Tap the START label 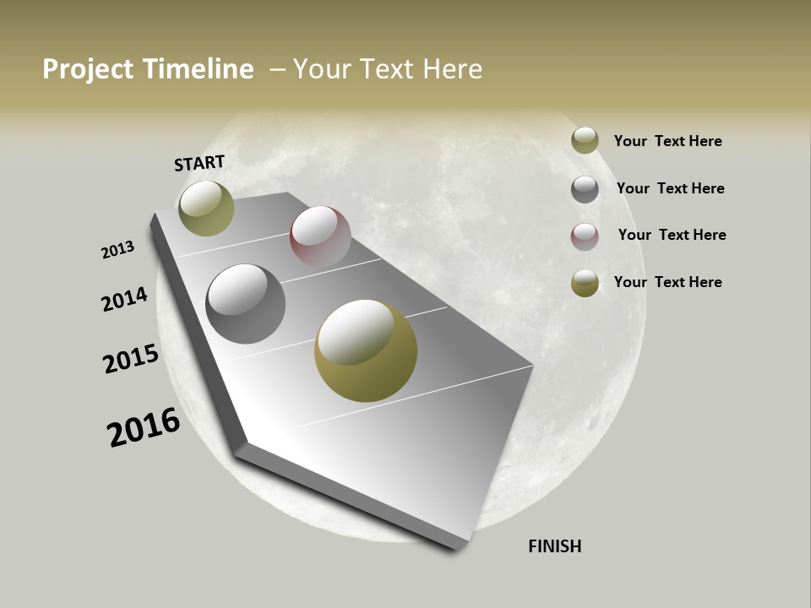[199, 163]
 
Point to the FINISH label [555, 546]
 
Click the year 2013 [117, 250]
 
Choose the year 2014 [124, 299]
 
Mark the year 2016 [144, 426]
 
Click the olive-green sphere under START [206, 209]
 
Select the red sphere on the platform [320, 236]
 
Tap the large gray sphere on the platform [246, 304]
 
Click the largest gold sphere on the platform [366, 350]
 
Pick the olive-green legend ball [585, 141]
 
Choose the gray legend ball [585, 189]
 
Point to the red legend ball [585, 236]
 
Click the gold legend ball [585, 283]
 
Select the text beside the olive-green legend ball [667, 142]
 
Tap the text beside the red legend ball [672, 235]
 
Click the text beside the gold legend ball [667, 282]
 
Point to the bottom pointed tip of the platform [460, 547]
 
